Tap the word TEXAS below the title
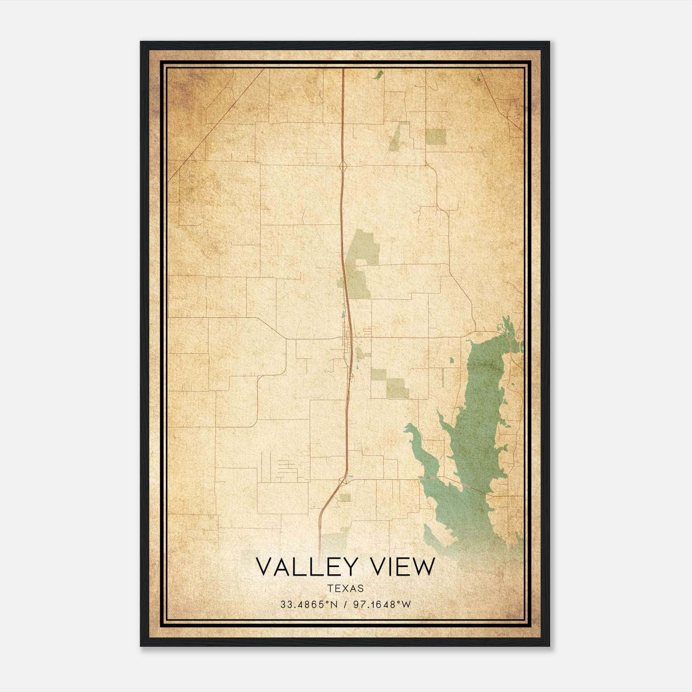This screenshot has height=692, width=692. [x=346, y=589]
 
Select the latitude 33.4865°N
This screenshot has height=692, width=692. [x=308, y=605]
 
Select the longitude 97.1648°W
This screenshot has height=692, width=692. [x=382, y=605]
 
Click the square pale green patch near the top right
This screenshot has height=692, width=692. [x=436, y=137]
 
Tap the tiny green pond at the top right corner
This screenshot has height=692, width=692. [x=478, y=79]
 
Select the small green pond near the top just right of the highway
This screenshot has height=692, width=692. [x=378, y=75]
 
